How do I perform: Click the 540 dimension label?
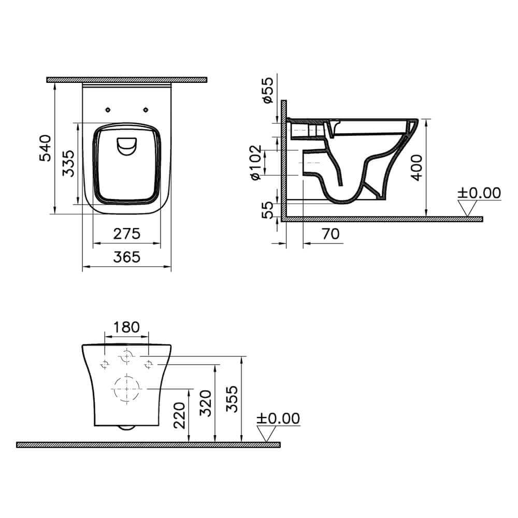45,148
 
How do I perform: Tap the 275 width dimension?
127,234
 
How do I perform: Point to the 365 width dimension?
127,257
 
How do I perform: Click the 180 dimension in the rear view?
127,327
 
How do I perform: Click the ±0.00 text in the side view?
479,193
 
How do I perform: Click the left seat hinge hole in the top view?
108,109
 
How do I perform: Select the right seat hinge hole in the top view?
146,109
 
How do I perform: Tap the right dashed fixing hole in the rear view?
149,364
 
